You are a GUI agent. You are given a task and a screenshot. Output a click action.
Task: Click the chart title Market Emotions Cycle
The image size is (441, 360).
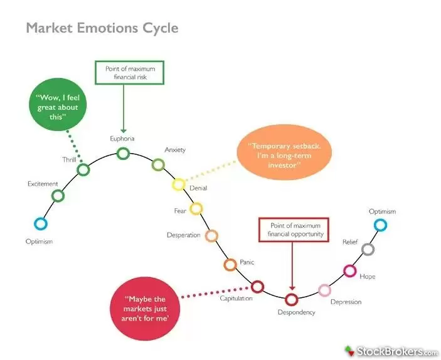click(x=102, y=28)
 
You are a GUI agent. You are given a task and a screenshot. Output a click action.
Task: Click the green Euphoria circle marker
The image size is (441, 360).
click(x=123, y=153)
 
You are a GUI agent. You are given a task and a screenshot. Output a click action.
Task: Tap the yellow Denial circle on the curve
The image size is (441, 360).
click(x=179, y=184)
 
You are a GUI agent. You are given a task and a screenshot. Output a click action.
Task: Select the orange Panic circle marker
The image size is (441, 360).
click(x=230, y=265)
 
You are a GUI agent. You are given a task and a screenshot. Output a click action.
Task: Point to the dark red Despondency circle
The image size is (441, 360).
click(x=291, y=299)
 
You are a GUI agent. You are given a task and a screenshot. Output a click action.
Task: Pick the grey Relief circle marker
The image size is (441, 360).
click(x=368, y=249)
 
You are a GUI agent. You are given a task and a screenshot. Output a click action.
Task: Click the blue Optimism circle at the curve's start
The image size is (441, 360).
click(x=41, y=223)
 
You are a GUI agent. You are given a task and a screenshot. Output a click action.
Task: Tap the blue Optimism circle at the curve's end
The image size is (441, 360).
click(x=380, y=225)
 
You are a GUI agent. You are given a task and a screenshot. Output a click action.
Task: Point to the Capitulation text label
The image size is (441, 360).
click(x=236, y=299)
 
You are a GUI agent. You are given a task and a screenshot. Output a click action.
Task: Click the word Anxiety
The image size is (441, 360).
click(x=175, y=150)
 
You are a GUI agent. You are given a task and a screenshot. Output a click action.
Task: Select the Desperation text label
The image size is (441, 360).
click(x=183, y=235)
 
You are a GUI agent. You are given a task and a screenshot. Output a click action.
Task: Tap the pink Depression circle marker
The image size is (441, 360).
click(x=324, y=290)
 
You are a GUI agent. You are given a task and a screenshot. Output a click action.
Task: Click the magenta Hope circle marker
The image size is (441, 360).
click(x=349, y=271)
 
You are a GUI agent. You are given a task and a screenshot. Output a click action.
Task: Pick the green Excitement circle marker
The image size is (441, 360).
click(x=58, y=196)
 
